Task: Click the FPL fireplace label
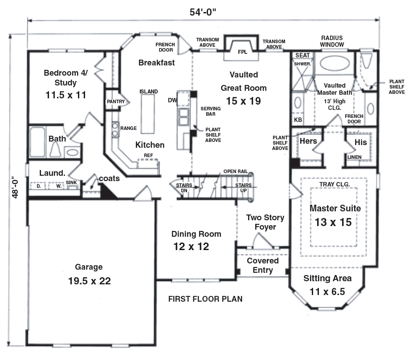[242, 52]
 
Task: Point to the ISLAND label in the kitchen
[148, 92]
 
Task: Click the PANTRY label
[115, 102]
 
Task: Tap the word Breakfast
[156, 63]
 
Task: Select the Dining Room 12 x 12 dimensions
[191, 246]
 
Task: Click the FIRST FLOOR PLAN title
[205, 299]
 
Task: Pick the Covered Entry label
[263, 265]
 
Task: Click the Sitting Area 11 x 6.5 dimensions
[327, 292]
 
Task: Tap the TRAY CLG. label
[334, 184]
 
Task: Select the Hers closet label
[308, 142]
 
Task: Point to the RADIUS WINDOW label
[332, 41]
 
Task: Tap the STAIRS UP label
[243, 188]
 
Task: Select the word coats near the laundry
[109, 178]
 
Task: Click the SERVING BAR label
[208, 111]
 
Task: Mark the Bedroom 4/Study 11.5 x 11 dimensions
[66, 95]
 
